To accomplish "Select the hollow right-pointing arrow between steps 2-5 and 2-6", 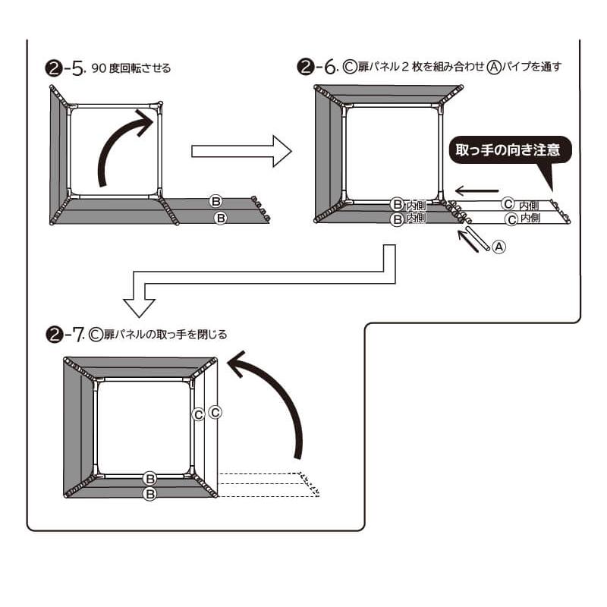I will [x=241, y=151].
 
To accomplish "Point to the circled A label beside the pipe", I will [x=498, y=247].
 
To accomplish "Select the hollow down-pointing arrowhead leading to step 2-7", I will [x=140, y=307].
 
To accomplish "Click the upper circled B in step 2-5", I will [x=216, y=202].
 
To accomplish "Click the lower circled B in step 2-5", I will [x=221, y=218].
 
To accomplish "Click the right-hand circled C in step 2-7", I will [x=215, y=413].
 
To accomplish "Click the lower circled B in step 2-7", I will [x=150, y=494].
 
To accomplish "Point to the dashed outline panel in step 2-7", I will [x=269, y=485].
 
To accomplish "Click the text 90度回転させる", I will [x=131, y=68].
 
